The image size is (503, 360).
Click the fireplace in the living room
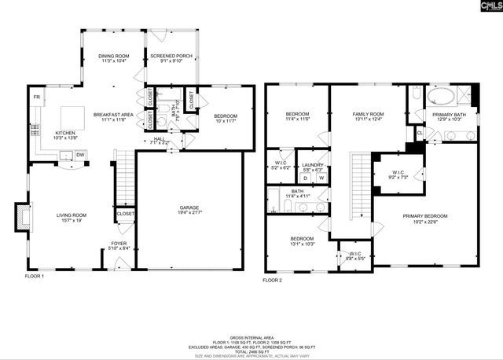[21, 215]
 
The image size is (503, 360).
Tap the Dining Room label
[113, 56]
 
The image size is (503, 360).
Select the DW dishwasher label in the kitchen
[80, 156]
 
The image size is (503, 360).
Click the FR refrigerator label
[36, 97]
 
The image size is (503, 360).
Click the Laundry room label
[314, 166]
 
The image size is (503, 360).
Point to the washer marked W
[321, 178]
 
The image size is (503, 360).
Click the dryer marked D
[306, 178]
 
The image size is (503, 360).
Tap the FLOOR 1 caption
[35, 277]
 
